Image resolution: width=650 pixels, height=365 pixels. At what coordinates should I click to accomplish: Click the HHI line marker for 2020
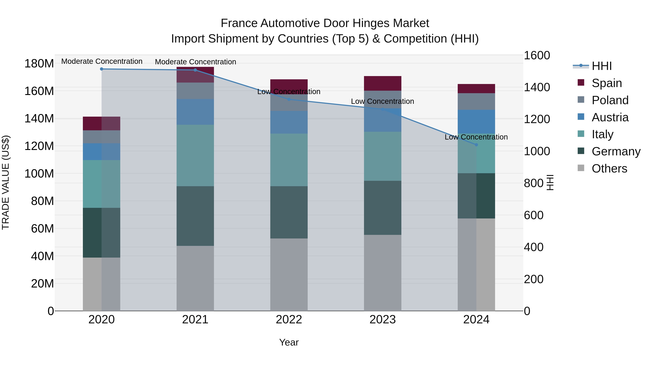101,69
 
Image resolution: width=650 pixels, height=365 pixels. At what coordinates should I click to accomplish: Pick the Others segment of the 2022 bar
289,274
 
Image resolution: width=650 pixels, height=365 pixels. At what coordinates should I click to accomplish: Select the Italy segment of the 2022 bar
289,160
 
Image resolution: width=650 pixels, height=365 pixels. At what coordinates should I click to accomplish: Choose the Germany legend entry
616,151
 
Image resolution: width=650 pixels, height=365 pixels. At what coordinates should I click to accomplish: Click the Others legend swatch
581,168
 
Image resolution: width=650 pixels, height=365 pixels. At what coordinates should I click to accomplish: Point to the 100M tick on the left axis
39,174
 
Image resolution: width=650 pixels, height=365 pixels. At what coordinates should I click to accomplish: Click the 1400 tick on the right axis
537,87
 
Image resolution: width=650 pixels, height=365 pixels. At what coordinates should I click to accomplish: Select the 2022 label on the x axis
289,320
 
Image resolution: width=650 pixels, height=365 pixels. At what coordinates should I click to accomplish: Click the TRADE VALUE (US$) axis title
6,182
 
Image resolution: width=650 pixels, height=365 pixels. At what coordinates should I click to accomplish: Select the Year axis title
289,342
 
